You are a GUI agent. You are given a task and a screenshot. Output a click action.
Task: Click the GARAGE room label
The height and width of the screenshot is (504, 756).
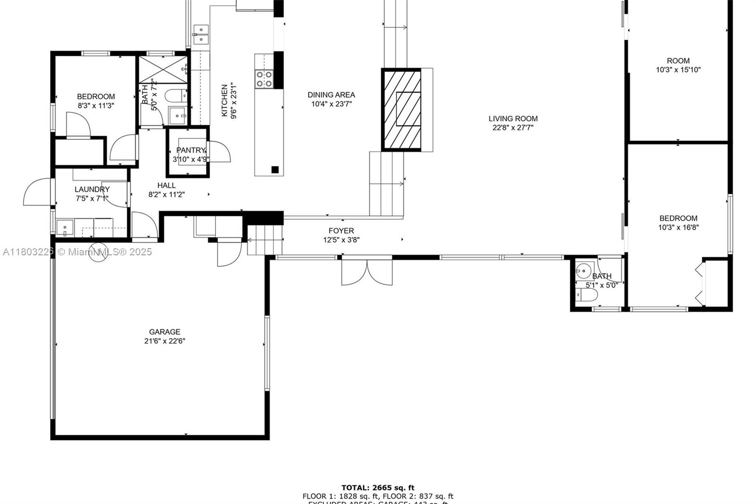[164, 332]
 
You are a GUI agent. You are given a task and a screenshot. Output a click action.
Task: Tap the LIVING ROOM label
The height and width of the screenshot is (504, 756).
[513, 119]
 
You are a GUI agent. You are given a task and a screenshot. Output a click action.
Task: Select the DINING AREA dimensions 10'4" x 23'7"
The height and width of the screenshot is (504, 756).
[331, 104]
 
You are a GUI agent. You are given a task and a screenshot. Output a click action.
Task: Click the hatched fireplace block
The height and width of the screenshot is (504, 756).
[401, 110]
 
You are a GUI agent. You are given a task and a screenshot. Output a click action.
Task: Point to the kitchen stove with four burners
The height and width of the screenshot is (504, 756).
[264, 79]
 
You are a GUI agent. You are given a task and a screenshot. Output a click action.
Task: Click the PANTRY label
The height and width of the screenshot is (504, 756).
[190, 150]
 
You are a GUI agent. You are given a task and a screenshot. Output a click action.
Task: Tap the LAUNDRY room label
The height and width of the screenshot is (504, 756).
[92, 189]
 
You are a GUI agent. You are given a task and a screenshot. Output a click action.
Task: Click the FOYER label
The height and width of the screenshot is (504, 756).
[341, 231]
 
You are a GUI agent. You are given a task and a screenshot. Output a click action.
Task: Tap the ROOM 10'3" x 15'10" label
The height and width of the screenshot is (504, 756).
[678, 61]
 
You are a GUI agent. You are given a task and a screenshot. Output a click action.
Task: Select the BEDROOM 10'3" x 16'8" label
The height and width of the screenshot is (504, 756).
[678, 218]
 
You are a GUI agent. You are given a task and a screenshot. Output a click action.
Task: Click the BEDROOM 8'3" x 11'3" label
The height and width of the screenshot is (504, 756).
[96, 96]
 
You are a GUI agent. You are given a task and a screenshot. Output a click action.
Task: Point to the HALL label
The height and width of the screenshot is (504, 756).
[166, 185]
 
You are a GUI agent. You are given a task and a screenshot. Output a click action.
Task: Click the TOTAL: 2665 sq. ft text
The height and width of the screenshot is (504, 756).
[378, 487]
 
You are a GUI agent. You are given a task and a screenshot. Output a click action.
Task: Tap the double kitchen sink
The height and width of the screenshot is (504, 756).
[201, 35]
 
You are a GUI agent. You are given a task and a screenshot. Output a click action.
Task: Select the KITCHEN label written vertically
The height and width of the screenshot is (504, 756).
[225, 100]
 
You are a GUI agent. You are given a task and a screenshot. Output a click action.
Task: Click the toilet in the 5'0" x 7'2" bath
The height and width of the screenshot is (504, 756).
[175, 96]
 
